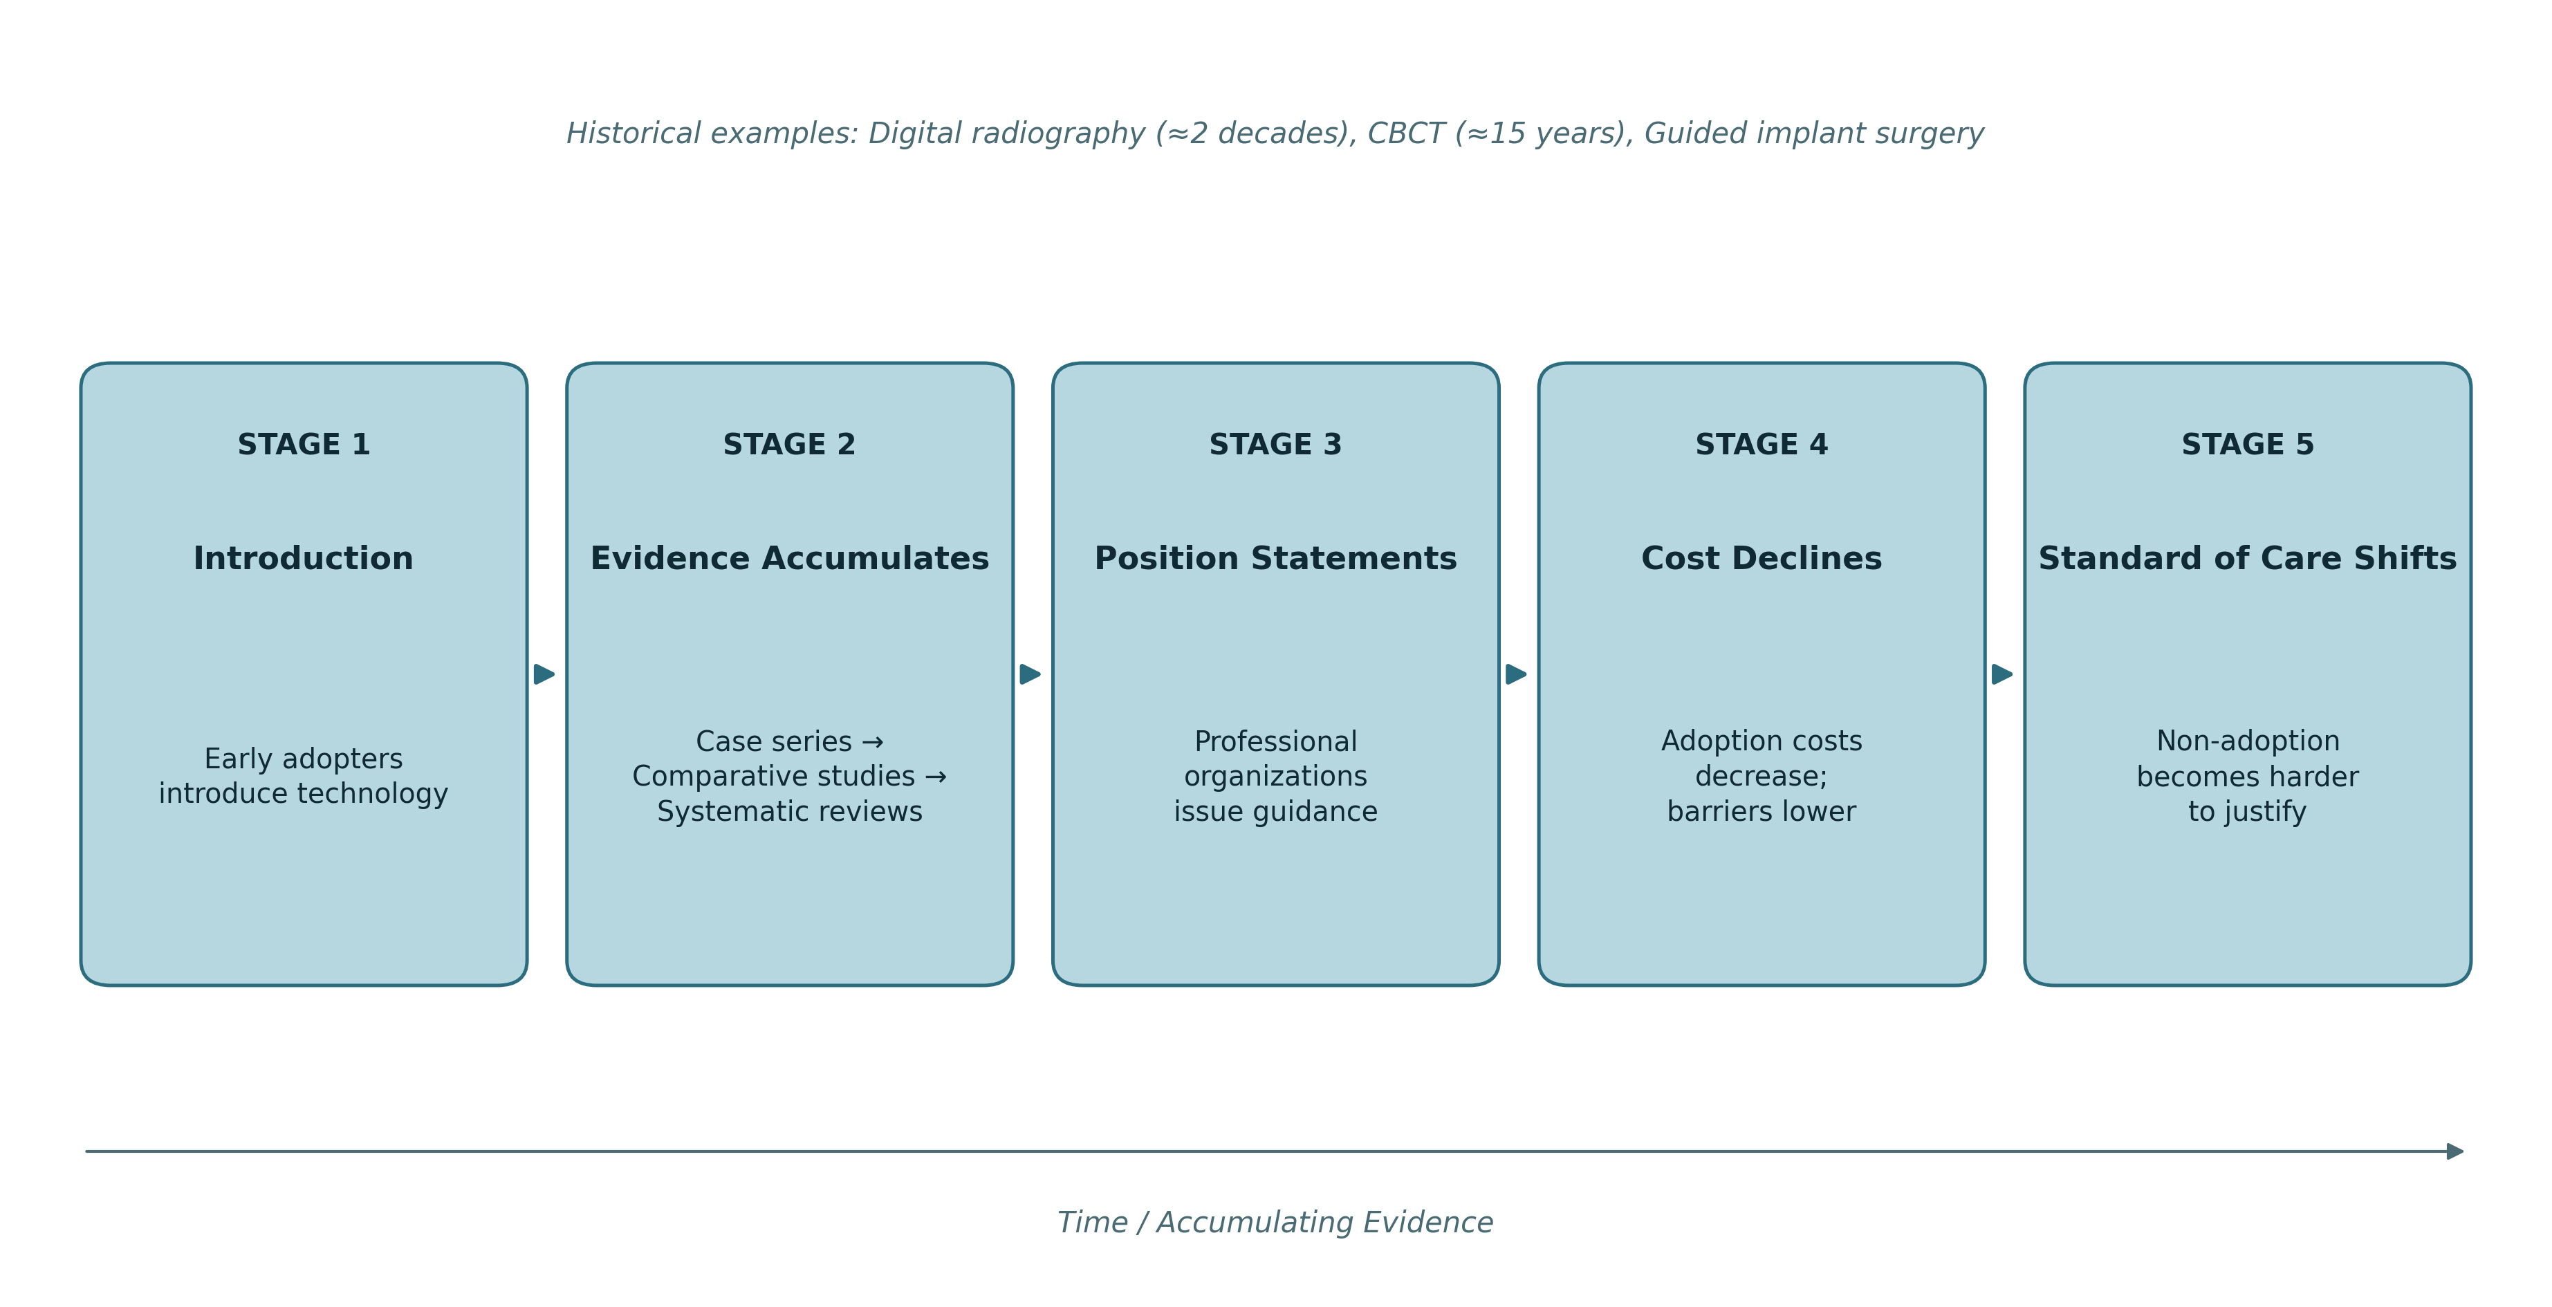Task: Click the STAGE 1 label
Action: click(303, 445)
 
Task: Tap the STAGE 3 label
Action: click(1275, 445)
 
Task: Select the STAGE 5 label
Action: click(2247, 445)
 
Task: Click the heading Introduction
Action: click(303, 559)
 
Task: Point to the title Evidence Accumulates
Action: click(790, 559)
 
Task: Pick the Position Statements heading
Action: click(1275, 559)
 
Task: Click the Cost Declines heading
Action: click(1762, 559)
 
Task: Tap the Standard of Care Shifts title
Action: click(2247, 559)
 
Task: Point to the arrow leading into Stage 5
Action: click(2002, 674)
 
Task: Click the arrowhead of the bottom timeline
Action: click(2456, 1151)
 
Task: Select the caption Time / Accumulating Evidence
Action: click(1275, 1223)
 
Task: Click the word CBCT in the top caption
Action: click(1406, 133)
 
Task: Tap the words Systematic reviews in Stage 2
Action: click(790, 813)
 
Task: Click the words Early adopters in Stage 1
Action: click(303, 759)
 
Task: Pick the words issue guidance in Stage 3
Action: click(1275, 813)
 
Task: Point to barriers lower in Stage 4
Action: click(1762, 813)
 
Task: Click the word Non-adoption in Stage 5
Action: click(2248, 741)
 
